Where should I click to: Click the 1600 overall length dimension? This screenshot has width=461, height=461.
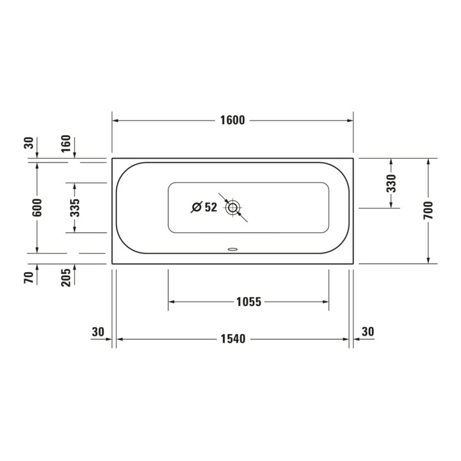tap(232, 120)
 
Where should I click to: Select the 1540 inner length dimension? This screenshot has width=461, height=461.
tap(233, 339)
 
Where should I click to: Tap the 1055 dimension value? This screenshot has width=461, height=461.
tap(248, 302)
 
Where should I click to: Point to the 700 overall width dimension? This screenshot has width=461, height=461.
tap(428, 210)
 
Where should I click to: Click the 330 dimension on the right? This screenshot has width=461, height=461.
tap(391, 183)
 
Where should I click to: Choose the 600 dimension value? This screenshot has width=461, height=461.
tap(37, 207)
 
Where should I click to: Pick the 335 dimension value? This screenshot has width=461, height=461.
tap(75, 208)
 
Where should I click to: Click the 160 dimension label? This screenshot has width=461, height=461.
tap(66, 143)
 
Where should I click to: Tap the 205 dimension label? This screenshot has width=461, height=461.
tap(66, 277)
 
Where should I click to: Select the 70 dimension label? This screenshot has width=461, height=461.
tap(29, 278)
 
